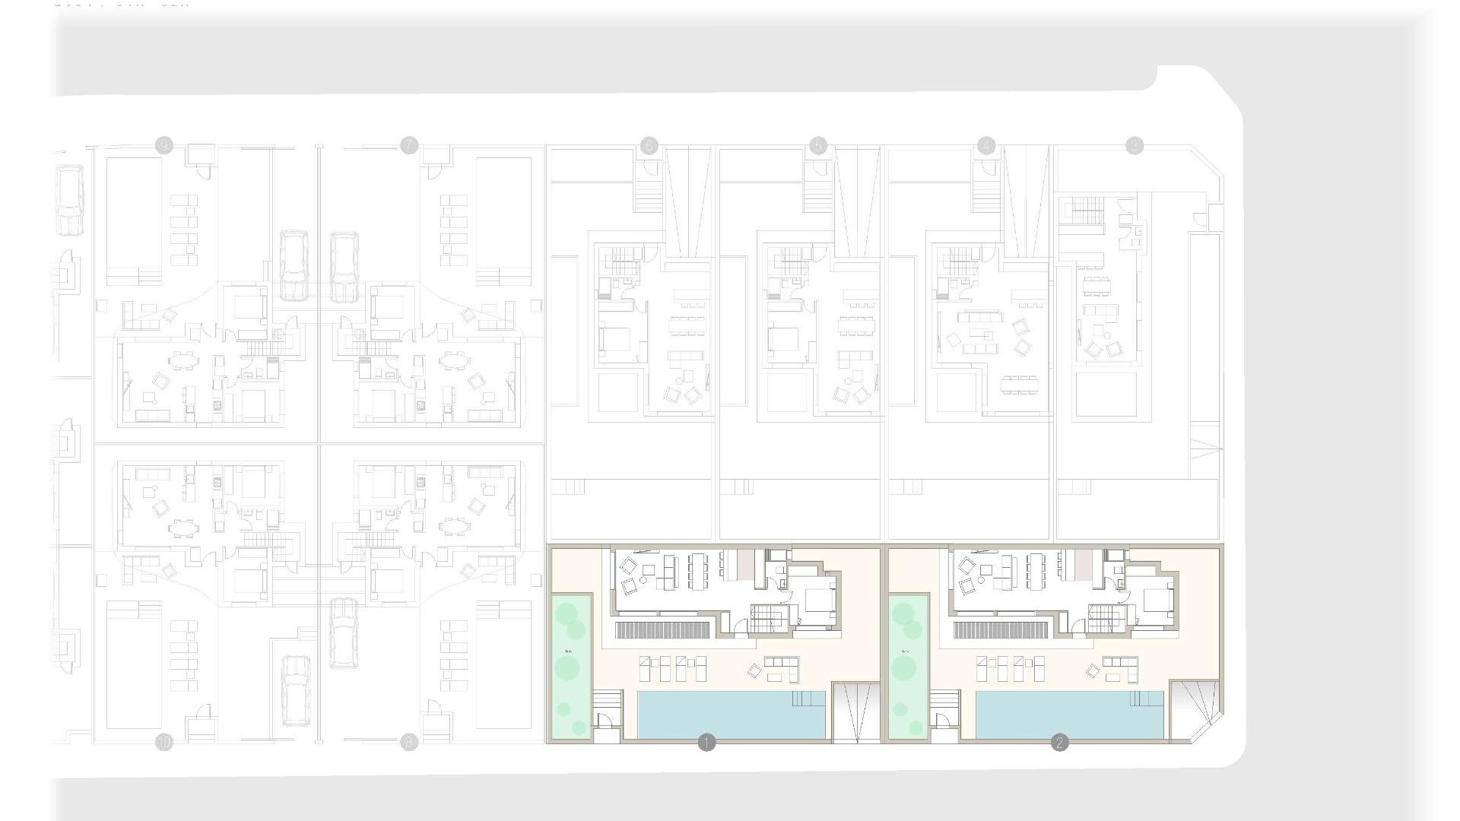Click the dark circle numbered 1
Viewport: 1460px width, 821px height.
pyautogui.click(x=706, y=743)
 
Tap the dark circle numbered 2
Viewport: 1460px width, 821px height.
pyautogui.click(x=1059, y=743)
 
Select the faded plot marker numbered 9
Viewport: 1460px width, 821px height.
pyautogui.click(x=163, y=145)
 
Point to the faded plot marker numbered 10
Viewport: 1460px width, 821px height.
pyautogui.click(x=163, y=743)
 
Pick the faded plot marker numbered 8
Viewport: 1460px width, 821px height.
pyautogui.click(x=409, y=743)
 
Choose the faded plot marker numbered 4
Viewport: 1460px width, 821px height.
pyautogui.click(x=986, y=145)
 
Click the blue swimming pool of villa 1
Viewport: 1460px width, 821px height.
pyautogui.click(x=730, y=715)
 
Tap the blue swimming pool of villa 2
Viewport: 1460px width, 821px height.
pyautogui.click(x=1068, y=715)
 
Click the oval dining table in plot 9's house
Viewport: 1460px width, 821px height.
pyautogui.click(x=181, y=359)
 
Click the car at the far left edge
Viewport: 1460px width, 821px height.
pyautogui.click(x=69, y=201)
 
